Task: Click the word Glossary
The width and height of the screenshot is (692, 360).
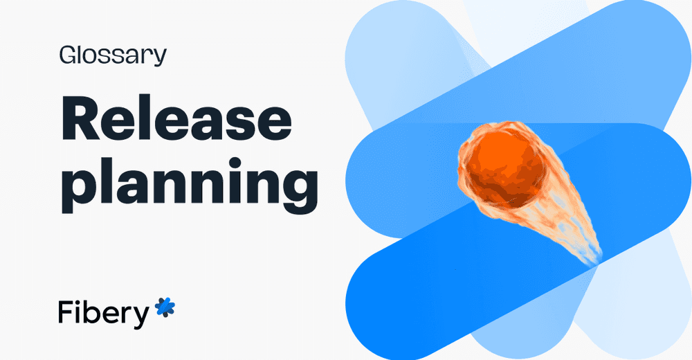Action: coord(113,55)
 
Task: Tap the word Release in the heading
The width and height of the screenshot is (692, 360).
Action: coord(176,119)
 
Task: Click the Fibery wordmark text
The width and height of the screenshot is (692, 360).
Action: coord(104,313)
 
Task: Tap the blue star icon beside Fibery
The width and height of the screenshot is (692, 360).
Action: coord(165,307)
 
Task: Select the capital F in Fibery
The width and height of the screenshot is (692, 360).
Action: coord(64,313)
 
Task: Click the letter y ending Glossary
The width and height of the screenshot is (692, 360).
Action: coord(160,58)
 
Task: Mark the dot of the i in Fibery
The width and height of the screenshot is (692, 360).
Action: coord(79,302)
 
